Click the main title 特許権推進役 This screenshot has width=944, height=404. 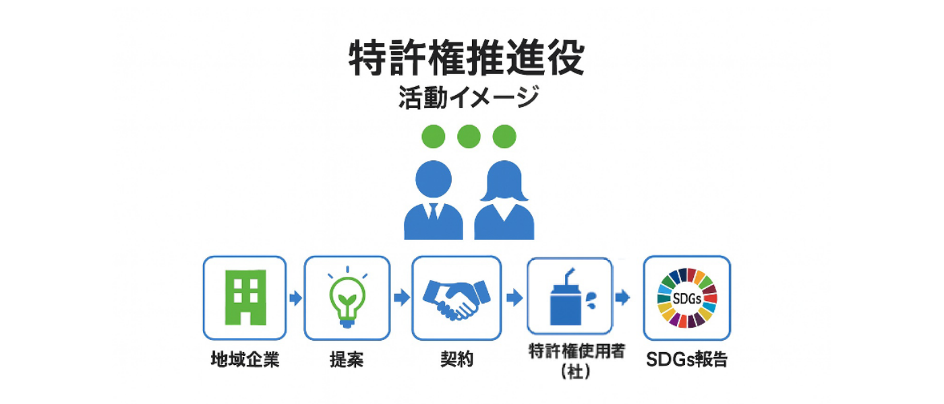[x=467, y=58]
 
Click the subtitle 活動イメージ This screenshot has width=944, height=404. [x=468, y=98]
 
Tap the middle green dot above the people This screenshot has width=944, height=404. [x=469, y=137]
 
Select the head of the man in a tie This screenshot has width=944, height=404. [x=433, y=179]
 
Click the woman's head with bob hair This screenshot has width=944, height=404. [x=504, y=179]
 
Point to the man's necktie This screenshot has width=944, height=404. [x=433, y=214]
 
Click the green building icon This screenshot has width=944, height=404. [x=245, y=297]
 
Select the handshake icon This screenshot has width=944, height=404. [x=456, y=298]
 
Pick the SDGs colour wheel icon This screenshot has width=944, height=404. [x=686, y=298]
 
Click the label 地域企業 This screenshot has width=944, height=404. [x=245, y=360]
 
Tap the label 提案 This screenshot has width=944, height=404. [x=347, y=360]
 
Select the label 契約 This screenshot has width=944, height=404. [x=456, y=360]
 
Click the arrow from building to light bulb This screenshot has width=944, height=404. [x=295, y=298]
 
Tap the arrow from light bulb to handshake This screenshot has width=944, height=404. [x=401, y=298]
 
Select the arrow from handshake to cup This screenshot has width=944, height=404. [x=514, y=298]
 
